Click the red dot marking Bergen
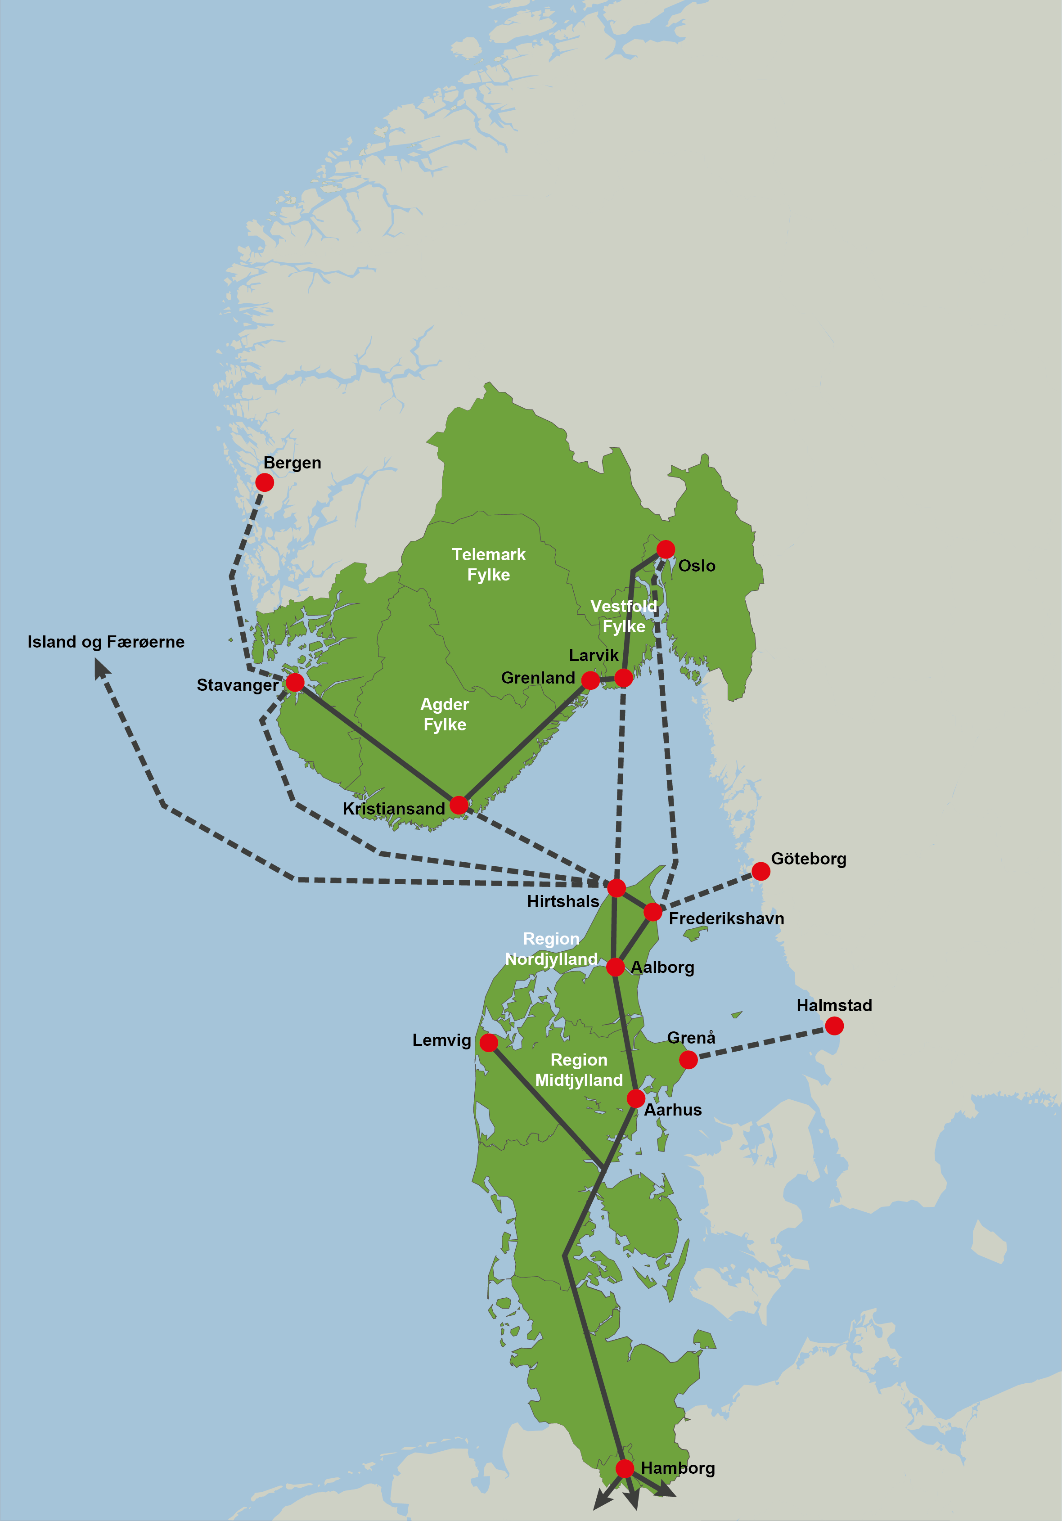click(264, 482)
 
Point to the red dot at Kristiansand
click(459, 805)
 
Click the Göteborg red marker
click(760, 872)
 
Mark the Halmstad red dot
click(834, 1026)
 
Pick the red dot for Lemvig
click(488, 1043)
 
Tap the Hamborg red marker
click(624, 1469)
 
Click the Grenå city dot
click(688, 1060)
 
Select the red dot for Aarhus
click(635, 1099)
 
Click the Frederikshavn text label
click(726, 919)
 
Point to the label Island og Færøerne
click(106, 642)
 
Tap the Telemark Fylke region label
click(488, 564)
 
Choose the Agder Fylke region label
click(445, 714)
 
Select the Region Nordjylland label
click(551, 949)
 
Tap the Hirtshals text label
click(563, 902)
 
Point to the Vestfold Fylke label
click(623, 616)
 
